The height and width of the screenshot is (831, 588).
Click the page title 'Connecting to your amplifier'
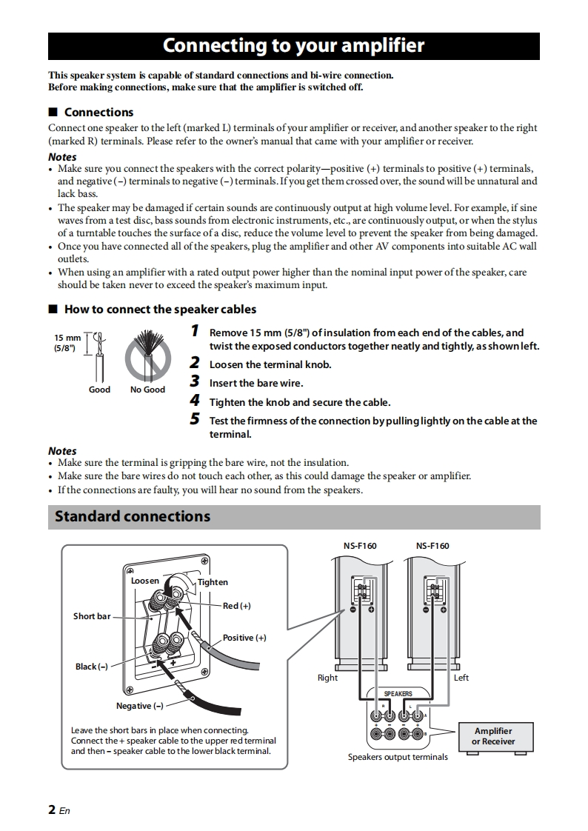point(293,46)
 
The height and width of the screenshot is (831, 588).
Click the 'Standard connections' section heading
point(133,517)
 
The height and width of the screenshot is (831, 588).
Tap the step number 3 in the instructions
point(195,382)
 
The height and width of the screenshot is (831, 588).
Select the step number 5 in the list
point(195,419)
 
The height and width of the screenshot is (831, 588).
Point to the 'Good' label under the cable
point(99,390)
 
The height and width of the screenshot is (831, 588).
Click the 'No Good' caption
point(147,390)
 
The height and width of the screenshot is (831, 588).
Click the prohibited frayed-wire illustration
point(147,354)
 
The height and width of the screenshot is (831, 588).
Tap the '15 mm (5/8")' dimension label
point(67,343)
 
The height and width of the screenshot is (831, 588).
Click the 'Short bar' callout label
point(92,616)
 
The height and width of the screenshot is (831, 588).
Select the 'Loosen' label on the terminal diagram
point(145,581)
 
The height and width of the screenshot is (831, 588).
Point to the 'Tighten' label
point(213,582)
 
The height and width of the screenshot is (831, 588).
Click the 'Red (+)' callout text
point(236,606)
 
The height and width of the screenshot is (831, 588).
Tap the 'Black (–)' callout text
point(92,667)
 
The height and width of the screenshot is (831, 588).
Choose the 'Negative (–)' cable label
point(140,706)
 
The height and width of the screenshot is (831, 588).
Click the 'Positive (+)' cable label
point(244,638)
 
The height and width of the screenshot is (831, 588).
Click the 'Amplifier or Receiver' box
point(493,735)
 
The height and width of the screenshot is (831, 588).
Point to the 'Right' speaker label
point(327,678)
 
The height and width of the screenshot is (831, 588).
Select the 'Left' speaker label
point(461,678)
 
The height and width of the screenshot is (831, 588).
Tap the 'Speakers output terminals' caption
point(398,757)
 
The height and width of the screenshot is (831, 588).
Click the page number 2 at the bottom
point(53,810)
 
